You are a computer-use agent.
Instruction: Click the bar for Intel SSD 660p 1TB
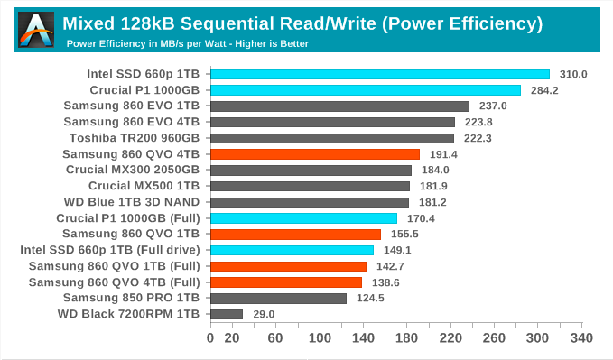[379, 74]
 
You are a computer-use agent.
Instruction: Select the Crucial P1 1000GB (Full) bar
[303, 218]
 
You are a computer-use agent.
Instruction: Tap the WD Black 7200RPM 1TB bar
[226, 314]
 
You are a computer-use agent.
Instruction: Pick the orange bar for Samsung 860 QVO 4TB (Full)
[285, 282]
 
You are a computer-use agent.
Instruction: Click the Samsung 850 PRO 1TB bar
[278, 298]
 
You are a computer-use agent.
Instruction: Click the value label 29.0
[263, 314]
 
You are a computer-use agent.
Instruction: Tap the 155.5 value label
[403, 235]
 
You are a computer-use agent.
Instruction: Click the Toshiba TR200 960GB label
[135, 138]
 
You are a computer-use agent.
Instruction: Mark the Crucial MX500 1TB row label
[144, 186]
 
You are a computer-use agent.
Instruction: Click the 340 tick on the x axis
[581, 338]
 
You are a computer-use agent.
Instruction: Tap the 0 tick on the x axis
[210, 338]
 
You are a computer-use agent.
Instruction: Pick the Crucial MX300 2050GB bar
[311, 171]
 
